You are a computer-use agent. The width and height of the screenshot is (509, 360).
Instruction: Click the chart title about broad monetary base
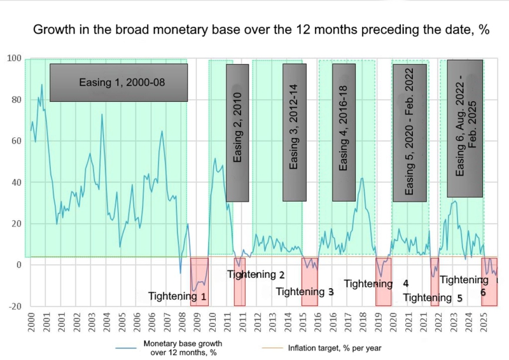[260, 30]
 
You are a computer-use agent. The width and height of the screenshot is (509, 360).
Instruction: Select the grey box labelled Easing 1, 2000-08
[119, 83]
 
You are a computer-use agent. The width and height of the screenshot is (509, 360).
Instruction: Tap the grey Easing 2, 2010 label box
[237, 132]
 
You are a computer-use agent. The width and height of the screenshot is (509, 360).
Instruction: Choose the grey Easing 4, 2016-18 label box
[344, 132]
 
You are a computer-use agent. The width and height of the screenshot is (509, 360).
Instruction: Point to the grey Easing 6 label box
[465, 128]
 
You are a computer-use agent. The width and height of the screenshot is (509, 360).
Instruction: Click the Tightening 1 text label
[177, 296]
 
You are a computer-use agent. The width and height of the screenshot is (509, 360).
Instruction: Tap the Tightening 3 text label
[304, 292]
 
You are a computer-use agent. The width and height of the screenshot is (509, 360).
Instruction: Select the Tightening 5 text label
[433, 297]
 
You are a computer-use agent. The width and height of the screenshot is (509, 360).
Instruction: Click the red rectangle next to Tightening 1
[199, 281]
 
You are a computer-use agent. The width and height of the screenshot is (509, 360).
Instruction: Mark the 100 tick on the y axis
[14, 59]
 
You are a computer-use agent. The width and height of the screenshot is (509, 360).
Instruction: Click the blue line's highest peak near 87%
[42, 85]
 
